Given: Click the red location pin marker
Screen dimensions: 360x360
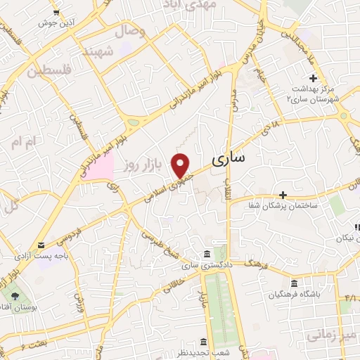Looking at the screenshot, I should [x=181, y=165].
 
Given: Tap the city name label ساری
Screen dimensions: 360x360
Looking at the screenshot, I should [x=229, y=158].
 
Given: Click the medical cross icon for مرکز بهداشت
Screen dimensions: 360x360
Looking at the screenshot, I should [x=313, y=77].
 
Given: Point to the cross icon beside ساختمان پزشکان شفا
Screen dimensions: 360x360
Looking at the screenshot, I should [x=283, y=194].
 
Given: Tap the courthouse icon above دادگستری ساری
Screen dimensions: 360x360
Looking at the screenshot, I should [x=206, y=254].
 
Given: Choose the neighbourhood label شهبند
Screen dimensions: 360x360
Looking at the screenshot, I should [x=98, y=51].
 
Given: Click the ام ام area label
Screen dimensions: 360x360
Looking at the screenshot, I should [x=22, y=142].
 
